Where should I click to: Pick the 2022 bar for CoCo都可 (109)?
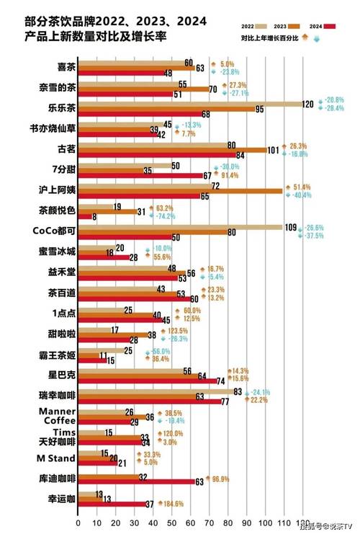click(x=180, y=227)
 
